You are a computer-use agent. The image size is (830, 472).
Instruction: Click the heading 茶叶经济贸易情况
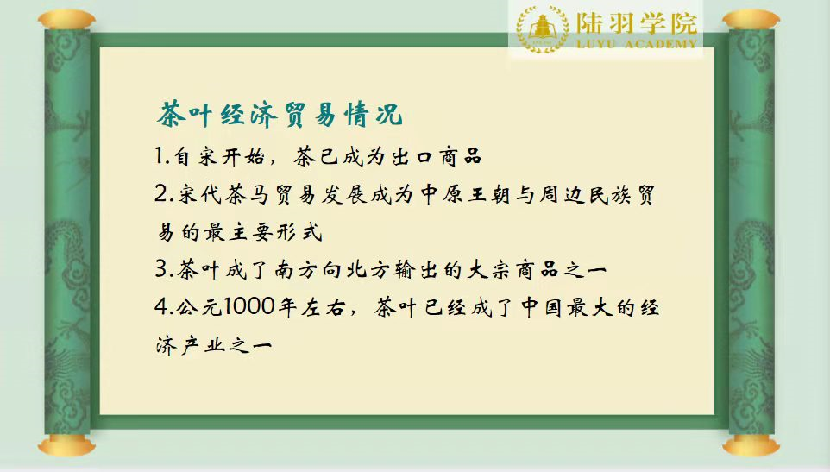[x=280, y=114]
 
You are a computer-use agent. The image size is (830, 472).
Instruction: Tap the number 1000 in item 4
[x=248, y=307]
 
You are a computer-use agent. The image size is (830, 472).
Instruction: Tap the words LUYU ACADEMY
[x=636, y=44]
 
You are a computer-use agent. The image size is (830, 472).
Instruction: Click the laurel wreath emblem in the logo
[x=542, y=28]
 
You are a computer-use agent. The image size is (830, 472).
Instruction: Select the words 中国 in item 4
[x=540, y=307]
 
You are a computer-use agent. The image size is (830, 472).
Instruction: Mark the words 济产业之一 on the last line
[x=214, y=345]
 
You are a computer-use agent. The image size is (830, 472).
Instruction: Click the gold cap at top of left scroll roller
[x=66, y=20]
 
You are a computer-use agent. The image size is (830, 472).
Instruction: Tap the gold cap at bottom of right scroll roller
[x=751, y=446]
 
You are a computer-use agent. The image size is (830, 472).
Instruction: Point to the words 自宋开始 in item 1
[x=219, y=157]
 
